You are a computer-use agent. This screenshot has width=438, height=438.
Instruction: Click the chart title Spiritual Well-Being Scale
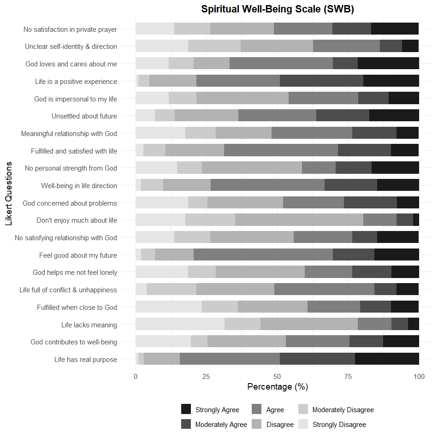(277, 9)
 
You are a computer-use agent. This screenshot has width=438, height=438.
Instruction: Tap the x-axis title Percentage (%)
(277, 386)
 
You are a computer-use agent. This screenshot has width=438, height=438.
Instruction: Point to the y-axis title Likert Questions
(9, 194)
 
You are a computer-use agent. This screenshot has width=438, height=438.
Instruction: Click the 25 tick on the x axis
(206, 377)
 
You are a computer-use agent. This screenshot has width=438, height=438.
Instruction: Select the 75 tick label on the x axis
(348, 377)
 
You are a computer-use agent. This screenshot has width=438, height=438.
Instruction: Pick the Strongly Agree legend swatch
(186, 409)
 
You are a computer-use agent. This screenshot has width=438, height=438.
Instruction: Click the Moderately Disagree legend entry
(343, 409)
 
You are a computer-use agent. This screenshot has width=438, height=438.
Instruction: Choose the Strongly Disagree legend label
(339, 424)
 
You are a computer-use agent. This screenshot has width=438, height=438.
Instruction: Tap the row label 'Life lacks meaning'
(89, 325)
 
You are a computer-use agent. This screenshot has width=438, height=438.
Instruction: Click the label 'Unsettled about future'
(84, 116)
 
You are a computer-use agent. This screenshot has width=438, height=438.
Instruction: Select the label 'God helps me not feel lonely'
(75, 272)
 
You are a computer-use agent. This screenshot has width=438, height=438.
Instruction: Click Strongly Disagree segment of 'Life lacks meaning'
(180, 325)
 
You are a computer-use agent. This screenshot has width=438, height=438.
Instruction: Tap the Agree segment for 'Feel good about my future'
(263, 255)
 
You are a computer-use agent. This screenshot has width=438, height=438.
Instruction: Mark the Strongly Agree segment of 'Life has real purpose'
(387, 359)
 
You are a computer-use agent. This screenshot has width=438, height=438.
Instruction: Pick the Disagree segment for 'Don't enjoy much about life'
(299, 220)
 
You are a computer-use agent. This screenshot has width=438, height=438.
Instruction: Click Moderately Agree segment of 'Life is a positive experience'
(321, 82)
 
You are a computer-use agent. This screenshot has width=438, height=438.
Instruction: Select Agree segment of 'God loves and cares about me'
(281, 64)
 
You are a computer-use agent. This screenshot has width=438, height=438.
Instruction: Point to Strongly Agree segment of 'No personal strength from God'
(395, 168)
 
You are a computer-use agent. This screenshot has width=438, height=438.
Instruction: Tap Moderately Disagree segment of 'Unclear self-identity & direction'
(214, 47)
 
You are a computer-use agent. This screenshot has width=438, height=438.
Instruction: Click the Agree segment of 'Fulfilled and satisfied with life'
(281, 151)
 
